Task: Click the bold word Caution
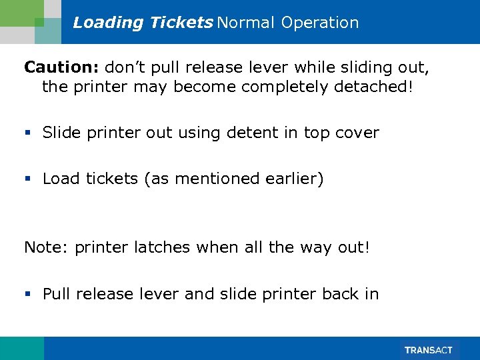(60, 67)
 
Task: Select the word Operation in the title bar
(320, 23)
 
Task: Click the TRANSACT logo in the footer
(429, 350)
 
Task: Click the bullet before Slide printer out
(28, 133)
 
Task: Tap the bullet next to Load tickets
(28, 179)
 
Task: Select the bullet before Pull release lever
(28, 295)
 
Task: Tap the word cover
(357, 133)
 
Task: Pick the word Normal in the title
(245, 23)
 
